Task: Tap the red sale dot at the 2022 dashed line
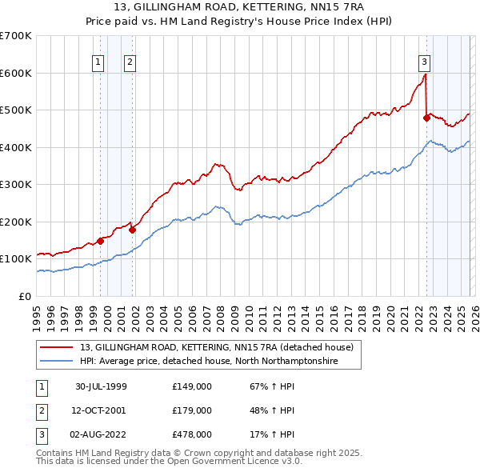(x=426, y=118)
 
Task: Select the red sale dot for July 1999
(x=101, y=240)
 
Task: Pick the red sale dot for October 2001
(x=133, y=230)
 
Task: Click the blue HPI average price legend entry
(x=209, y=362)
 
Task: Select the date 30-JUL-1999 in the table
(x=101, y=386)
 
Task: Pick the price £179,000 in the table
(x=191, y=410)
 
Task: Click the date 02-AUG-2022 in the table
(x=101, y=434)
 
